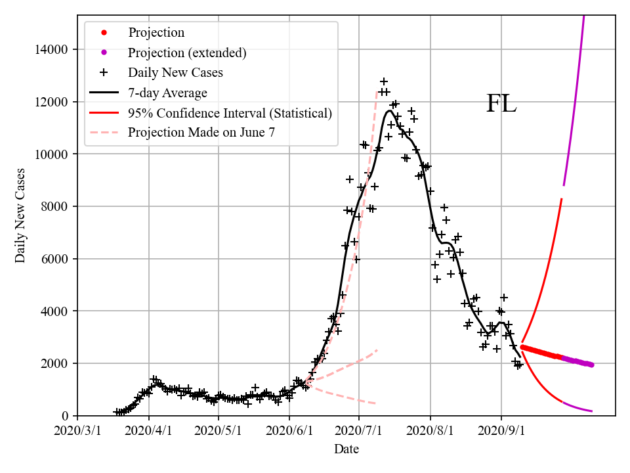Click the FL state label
pyautogui.click(x=501, y=104)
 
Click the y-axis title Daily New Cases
pyautogui.click(x=20, y=215)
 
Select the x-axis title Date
pyautogui.click(x=346, y=449)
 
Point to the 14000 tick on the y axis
pyautogui.click(x=55, y=49)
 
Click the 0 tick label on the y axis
pyautogui.click(x=67, y=416)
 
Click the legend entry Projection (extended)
pyautogui.click(x=187, y=53)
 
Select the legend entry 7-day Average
pyautogui.click(x=167, y=93)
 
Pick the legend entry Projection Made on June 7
pyautogui.click(x=201, y=132)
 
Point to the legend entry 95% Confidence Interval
pyautogui.click(x=230, y=113)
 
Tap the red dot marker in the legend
pyautogui.click(x=103, y=33)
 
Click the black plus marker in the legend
pyautogui.click(x=103, y=72)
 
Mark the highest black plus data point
pyautogui.click(x=384, y=81)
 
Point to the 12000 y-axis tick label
pyautogui.click(x=55, y=102)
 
